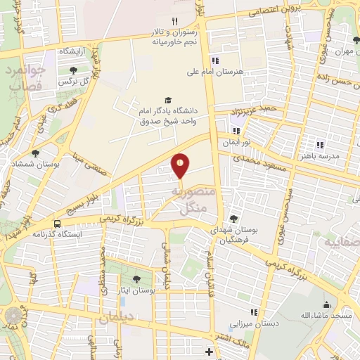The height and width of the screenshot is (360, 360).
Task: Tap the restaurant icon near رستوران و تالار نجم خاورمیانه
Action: click(x=174, y=21)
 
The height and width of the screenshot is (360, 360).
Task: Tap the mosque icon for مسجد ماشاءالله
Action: click(x=326, y=304)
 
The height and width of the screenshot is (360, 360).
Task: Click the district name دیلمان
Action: click(x=115, y=318)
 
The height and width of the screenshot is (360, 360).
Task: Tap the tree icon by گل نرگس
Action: click(x=74, y=70)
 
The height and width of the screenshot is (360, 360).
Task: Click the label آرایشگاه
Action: click(x=75, y=51)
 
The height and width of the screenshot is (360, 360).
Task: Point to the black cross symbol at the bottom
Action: click(x=208, y=351)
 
